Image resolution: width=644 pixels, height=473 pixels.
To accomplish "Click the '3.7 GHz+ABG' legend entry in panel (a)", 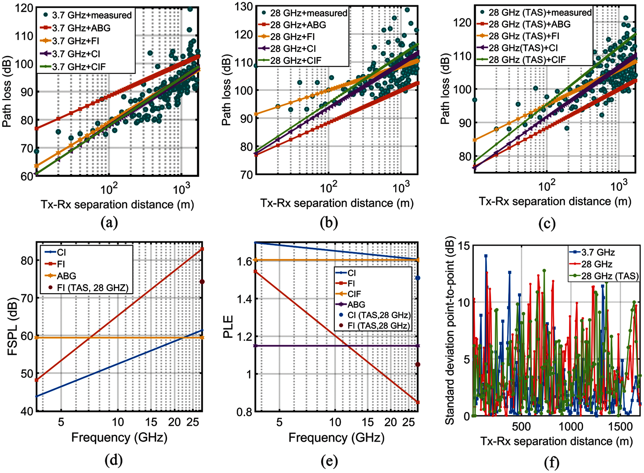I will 81,28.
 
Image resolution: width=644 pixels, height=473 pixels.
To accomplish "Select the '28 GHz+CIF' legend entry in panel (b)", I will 296,61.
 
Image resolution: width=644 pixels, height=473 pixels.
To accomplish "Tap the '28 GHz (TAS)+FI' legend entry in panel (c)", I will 524,36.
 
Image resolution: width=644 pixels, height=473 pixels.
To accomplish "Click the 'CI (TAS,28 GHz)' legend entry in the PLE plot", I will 379,315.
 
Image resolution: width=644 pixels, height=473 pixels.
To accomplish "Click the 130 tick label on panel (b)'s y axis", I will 244,7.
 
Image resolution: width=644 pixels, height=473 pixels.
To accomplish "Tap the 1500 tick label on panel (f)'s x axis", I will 620,427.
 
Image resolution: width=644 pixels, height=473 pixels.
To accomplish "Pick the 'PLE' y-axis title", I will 228,327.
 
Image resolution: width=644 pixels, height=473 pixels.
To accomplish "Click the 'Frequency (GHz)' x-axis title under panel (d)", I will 119,438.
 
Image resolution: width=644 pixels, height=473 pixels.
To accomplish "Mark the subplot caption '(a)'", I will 109,223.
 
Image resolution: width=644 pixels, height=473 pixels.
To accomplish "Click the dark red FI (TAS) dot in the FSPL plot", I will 202,282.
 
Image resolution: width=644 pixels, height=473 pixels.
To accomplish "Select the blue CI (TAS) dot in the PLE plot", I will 418,278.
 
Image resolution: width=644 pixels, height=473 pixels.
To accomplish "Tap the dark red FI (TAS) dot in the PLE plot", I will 418,364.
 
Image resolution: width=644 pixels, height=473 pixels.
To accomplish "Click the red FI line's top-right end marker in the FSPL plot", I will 202,249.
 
